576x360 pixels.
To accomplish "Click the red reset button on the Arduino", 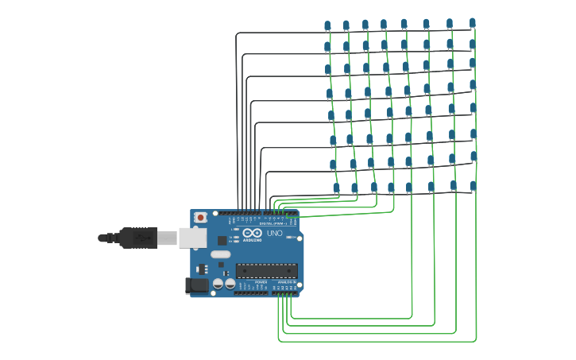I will tap(201, 217).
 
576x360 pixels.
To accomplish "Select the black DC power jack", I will tap(196, 285).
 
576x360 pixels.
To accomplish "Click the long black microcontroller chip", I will tap(266, 271).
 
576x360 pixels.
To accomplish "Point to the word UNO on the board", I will tap(274, 234).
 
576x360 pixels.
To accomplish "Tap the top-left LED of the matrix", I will tap(327, 26).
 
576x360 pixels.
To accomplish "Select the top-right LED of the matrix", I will tap(473, 23).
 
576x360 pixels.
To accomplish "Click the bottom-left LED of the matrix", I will tap(336, 188).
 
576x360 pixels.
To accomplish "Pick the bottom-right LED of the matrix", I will tap(473, 186).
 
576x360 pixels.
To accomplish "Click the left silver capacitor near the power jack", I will tap(218, 283).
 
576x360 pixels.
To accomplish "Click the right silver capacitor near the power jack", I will tap(230, 283).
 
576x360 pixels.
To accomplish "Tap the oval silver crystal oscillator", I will tap(220, 255).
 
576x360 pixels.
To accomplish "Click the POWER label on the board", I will tap(261, 282).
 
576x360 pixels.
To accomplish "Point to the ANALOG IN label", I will tap(286, 282).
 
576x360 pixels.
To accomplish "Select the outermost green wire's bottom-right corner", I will tap(476, 341).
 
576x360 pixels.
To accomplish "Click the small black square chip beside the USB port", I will tap(222, 240).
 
